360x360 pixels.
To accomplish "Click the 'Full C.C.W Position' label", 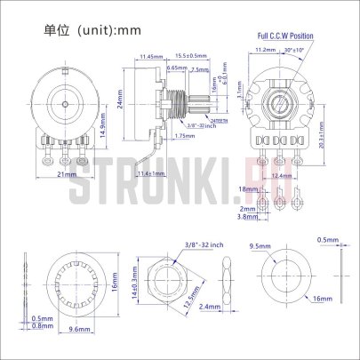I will coord(285,36).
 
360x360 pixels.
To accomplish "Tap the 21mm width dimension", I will coord(66,176).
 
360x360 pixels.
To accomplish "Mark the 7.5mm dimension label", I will coord(201,68).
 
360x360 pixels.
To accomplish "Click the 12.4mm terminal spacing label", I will coord(280,176).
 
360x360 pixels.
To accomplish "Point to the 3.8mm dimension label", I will coord(247,217).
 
